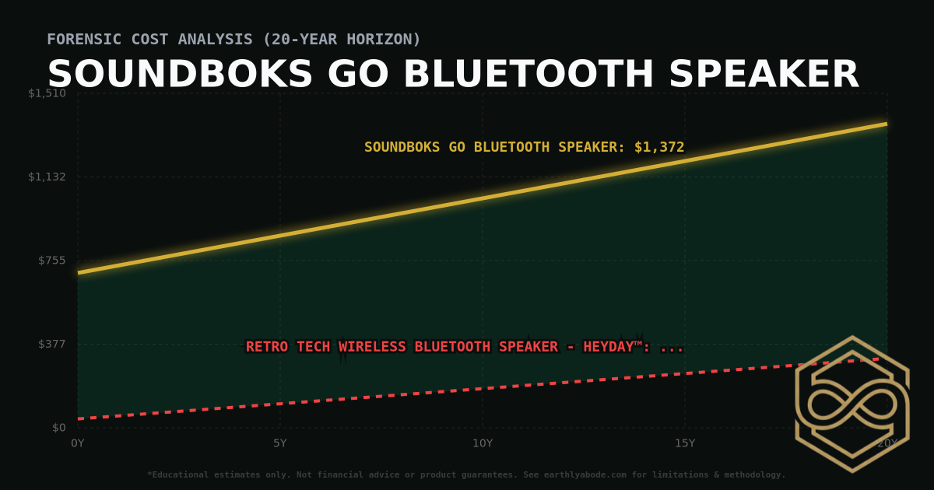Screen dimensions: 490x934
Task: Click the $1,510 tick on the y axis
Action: click(x=47, y=93)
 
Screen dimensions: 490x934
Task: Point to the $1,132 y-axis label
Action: click(x=47, y=177)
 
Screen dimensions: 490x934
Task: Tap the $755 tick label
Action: click(x=52, y=260)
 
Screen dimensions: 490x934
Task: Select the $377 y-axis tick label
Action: click(x=52, y=344)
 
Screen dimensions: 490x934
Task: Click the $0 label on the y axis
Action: click(x=58, y=427)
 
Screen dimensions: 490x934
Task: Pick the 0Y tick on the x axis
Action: click(x=78, y=443)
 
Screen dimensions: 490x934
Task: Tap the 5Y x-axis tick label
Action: click(x=280, y=443)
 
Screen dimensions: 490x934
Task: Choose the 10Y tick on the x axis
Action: click(x=483, y=443)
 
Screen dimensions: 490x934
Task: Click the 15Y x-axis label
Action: click(x=685, y=443)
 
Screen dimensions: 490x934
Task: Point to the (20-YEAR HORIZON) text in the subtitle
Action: click(x=343, y=39)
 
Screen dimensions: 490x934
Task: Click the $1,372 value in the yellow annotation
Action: click(x=659, y=147)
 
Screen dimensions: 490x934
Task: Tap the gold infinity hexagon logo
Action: click(x=851, y=404)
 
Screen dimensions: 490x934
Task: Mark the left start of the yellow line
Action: click(x=79, y=272)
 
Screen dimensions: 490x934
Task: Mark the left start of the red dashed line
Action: click(x=79, y=419)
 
